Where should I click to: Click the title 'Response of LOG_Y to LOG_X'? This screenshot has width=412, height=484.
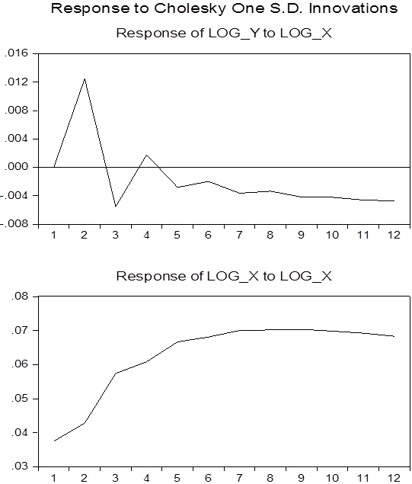click(x=224, y=33)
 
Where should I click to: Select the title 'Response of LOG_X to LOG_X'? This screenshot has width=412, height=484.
click(x=224, y=276)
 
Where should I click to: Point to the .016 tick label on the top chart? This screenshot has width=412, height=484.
click(x=16, y=53)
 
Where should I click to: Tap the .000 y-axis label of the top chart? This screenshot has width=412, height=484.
click(x=16, y=167)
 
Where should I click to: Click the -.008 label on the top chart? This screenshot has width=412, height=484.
click(x=14, y=224)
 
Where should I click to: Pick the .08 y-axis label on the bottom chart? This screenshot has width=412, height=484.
click(x=20, y=296)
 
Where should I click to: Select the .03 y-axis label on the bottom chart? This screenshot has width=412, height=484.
click(x=20, y=466)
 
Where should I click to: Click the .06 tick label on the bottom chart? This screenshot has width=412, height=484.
click(x=20, y=364)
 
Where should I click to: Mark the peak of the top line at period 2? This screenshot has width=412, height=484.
click(x=85, y=79)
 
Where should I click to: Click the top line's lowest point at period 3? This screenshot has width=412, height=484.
click(x=116, y=207)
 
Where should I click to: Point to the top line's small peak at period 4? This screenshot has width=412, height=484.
click(x=146, y=155)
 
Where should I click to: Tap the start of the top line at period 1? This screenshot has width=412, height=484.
click(x=54, y=167)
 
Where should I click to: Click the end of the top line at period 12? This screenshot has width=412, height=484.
click(x=394, y=201)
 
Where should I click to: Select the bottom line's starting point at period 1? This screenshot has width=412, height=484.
click(x=54, y=441)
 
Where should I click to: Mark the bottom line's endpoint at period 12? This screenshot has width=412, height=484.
click(x=394, y=336)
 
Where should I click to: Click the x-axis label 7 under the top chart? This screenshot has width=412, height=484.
click(x=239, y=236)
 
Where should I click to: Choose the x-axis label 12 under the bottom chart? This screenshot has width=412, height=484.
click(x=394, y=478)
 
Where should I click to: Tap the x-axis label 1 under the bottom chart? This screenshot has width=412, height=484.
click(x=53, y=478)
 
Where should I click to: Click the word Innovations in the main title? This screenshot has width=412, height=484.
click(x=353, y=8)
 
